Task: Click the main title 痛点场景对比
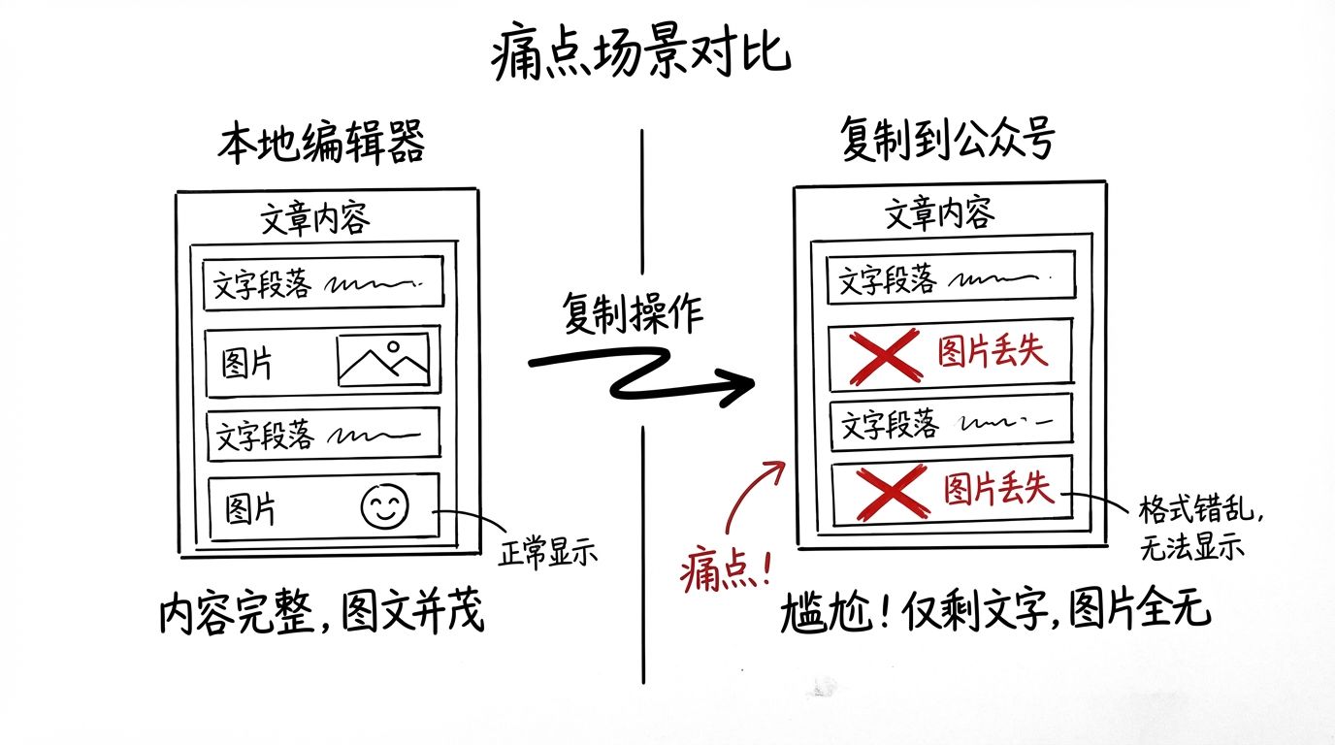tap(641, 51)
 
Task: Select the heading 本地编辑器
tap(321, 143)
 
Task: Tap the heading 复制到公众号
tap(947, 139)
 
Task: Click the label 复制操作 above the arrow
tap(633, 313)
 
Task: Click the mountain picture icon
tap(383, 359)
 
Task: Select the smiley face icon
tap(385, 506)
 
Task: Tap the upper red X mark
tap(885, 356)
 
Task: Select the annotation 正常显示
tap(548, 553)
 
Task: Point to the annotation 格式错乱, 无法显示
tap(1199, 528)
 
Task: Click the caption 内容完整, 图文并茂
tap(322, 611)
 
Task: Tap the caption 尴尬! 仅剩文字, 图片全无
tap(995, 610)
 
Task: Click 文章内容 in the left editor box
tap(315, 218)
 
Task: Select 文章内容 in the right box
tap(939, 213)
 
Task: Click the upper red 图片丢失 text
tap(992, 351)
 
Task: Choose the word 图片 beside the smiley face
tap(250, 509)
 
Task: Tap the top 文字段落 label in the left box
tap(262, 283)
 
